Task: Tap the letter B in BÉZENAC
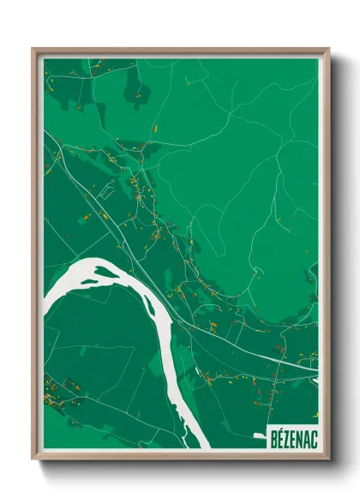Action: pos(274,435)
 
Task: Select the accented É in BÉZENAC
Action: pos(280,435)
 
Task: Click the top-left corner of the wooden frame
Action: pos(34,50)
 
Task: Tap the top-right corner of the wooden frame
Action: pos(327,50)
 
